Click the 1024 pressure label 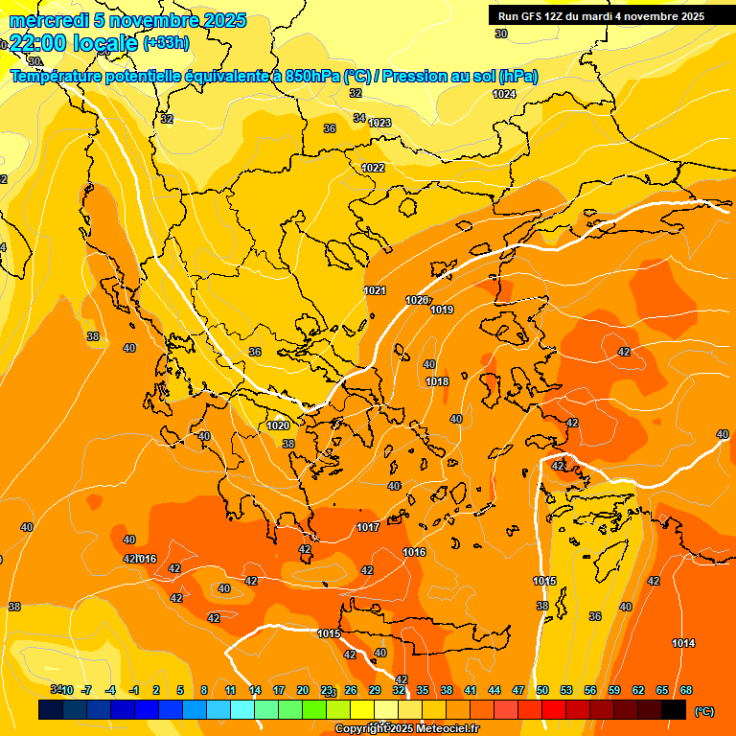[503, 94]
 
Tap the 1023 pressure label [379, 123]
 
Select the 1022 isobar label [373, 168]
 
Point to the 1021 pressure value [375, 290]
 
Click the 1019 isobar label [442, 310]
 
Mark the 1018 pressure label [437, 381]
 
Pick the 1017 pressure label [368, 527]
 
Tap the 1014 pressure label [683, 643]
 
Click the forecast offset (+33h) [166, 43]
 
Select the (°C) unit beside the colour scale [703, 711]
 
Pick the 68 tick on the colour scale [686, 690]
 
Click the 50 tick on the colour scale [542, 690]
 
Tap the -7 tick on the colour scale [86, 690]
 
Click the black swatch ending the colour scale [674, 709]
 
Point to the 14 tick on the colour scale [255, 690]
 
